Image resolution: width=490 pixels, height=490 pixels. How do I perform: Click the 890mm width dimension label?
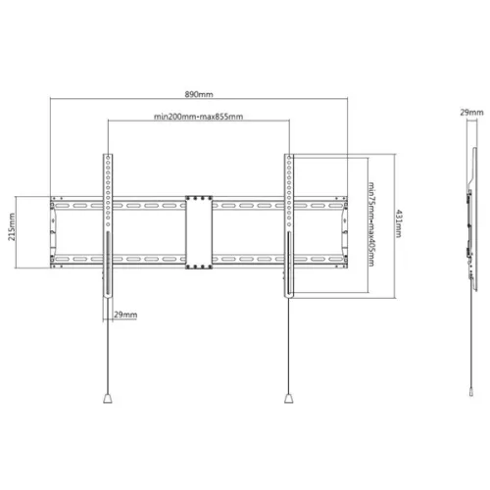tap(199, 94)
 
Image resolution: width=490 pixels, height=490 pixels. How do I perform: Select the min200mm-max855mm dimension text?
tap(198, 117)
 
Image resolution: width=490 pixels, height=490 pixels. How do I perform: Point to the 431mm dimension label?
tap(399, 223)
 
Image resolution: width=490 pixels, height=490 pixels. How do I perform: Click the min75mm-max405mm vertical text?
tap(371, 224)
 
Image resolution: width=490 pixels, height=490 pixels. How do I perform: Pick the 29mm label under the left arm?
tap(125, 315)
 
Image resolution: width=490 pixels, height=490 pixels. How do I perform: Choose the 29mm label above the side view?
tap(471, 113)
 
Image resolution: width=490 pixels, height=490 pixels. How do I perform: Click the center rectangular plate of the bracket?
tap(199, 232)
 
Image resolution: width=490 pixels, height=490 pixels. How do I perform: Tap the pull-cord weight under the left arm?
tap(108, 399)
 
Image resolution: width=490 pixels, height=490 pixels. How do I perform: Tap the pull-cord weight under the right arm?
tap(289, 399)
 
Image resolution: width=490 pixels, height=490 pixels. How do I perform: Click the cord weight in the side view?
tap(471, 391)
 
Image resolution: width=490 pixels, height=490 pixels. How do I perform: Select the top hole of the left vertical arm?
tap(108, 158)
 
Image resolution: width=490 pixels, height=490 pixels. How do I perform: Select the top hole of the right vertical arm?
tap(289, 158)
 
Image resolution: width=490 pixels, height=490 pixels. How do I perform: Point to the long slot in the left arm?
tap(108, 263)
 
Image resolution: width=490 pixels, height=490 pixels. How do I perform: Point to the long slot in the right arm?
tap(289, 263)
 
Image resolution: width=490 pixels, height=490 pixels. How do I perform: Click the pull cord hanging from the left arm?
tap(108, 346)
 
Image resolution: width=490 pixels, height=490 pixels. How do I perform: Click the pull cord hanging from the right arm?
tap(289, 346)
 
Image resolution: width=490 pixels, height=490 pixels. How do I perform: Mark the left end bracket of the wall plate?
tap(53, 232)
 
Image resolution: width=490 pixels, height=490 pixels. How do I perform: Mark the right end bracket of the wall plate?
tap(344, 232)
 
